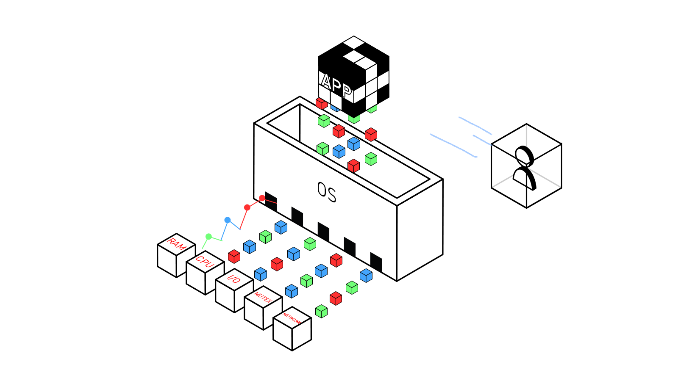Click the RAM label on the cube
click(x=176, y=244)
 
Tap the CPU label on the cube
click(x=205, y=262)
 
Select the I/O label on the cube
click(x=234, y=279)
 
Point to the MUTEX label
click(x=263, y=297)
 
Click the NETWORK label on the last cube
click(x=292, y=318)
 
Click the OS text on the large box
click(x=327, y=192)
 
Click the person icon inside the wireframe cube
click(x=524, y=168)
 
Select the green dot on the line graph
click(x=208, y=237)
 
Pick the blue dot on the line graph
click(x=228, y=220)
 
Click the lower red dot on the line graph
click(x=247, y=207)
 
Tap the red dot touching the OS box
click(x=262, y=199)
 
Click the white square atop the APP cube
click(x=353, y=42)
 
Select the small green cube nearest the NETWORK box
click(x=322, y=311)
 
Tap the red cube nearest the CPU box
click(x=234, y=257)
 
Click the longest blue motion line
click(x=453, y=146)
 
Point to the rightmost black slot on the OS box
click(x=376, y=262)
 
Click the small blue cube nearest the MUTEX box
click(x=292, y=291)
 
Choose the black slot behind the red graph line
click(x=271, y=201)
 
